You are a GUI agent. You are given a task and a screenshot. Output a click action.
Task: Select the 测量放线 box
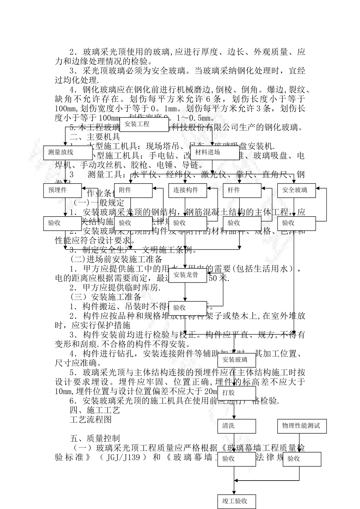[63, 153]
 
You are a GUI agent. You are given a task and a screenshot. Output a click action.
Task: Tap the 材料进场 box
[214, 153]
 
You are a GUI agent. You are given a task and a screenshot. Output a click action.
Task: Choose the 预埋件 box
[63, 190]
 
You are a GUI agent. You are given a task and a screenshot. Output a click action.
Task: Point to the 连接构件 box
[188, 190]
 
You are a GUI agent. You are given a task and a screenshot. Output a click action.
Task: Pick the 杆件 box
[242, 190]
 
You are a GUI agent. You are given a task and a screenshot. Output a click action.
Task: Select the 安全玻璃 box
[296, 190]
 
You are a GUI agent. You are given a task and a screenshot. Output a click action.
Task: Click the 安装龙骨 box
[188, 275]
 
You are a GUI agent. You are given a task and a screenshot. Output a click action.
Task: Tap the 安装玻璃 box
[236, 360]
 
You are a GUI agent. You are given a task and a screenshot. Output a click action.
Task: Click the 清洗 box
[236, 426]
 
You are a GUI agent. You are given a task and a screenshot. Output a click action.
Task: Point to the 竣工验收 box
[236, 501]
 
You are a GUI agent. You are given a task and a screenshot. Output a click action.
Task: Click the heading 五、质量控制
[95, 439]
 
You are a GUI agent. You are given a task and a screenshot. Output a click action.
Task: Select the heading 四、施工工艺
[95, 410]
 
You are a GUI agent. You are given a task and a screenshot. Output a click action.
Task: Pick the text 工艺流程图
[91, 420]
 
